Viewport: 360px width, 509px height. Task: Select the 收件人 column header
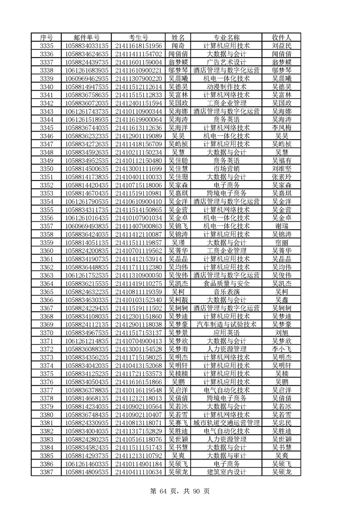pos(281,37)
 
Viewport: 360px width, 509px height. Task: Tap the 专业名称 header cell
pos(226,37)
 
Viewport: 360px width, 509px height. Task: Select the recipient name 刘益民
pos(281,46)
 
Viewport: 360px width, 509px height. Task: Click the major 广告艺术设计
pos(226,62)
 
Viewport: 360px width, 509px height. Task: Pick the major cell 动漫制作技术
pos(226,87)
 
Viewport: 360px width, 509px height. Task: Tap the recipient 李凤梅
pos(281,128)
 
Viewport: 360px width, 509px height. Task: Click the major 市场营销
pos(226,169)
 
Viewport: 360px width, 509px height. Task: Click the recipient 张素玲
pos(281,177)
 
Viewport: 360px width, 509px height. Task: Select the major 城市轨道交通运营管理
pos(226,423)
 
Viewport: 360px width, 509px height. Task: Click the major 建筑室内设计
pos(226,472)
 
